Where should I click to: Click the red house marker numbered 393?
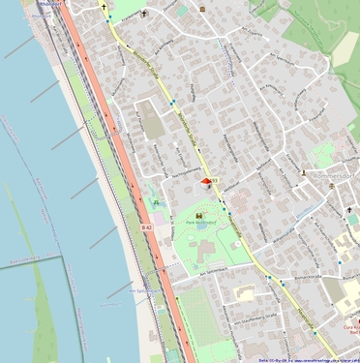[x=205, y=180]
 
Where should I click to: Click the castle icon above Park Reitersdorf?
[x=199, y=214]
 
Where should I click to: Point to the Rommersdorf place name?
[x=336, y=175]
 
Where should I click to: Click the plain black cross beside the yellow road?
[x=105, y=7]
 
